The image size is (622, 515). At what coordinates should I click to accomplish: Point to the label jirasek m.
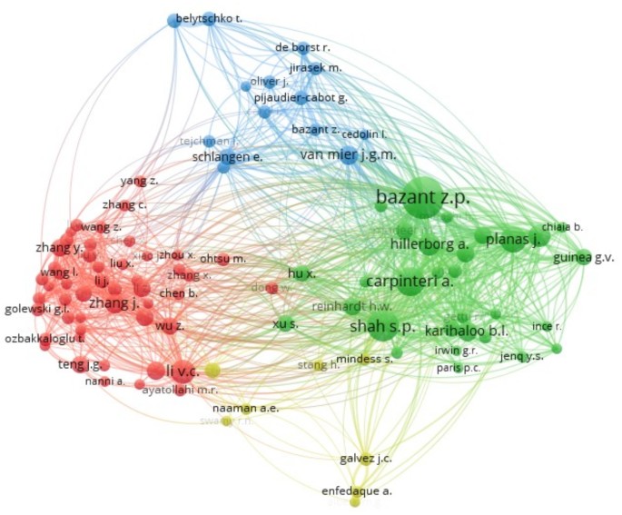[x=315, y=67]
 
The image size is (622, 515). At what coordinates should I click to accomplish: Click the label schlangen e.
[x=227, y=156]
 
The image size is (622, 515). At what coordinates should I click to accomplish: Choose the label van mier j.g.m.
[x=348, y=154]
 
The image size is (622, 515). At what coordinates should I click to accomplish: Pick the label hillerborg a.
[x=429, y=243]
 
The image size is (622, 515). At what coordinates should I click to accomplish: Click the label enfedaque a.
[x=357, y=491]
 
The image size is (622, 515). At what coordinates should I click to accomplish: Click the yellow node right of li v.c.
[x=212, y=370]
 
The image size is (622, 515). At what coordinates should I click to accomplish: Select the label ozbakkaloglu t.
[x=46, y=338]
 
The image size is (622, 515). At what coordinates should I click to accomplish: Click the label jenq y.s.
[x=526, y=356]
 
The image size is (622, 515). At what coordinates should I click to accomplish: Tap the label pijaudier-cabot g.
[x=301, y=98]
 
